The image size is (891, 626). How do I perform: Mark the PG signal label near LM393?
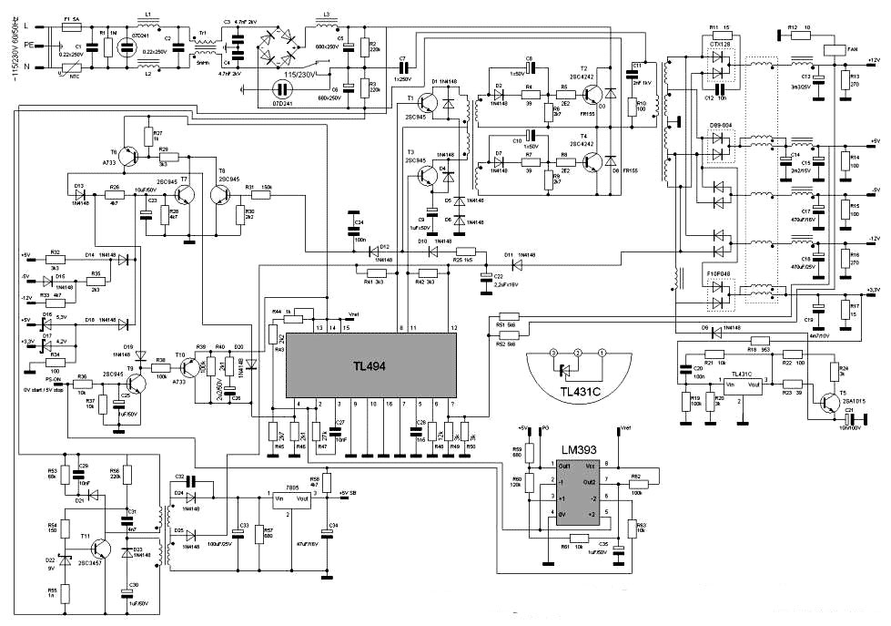coord(545,426)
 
